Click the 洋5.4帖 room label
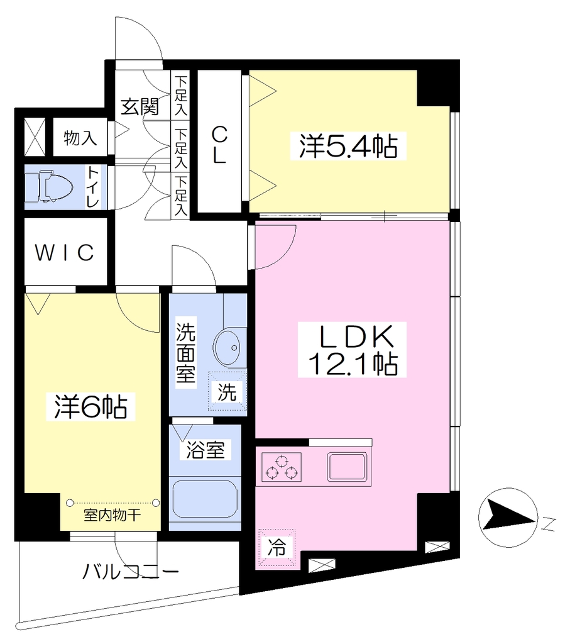tap(348, 146)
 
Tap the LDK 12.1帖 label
tap(352, 350)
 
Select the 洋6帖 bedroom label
tap(90, 406)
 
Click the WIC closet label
tap(65, 252)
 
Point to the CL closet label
tap(219, 145)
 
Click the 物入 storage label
tap(80, 138)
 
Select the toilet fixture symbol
tap(49, 187)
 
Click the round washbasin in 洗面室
tap(227, 347)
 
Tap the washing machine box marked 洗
tap(227, 391)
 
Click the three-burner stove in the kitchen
tap(282, 467)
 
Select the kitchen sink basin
tap(347, 467)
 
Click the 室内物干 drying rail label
tap(112, 514)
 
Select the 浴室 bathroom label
tap(205, 450)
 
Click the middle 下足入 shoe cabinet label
tap(180, 148)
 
